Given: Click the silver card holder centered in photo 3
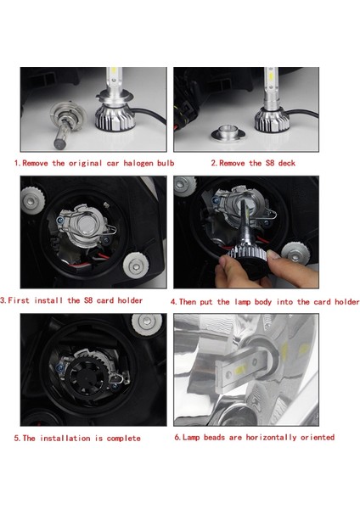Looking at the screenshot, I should (82, 232).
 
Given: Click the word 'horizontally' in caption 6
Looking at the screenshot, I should (273, 437).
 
